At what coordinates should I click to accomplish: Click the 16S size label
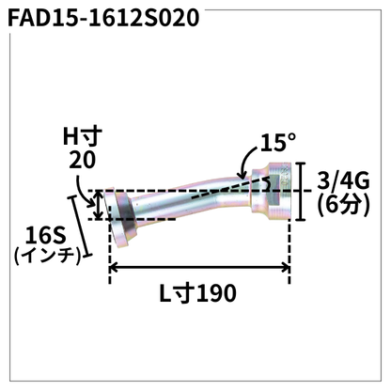click(47, 231)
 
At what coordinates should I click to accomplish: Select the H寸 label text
click(82, 138)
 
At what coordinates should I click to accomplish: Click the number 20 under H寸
click(82, 161)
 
